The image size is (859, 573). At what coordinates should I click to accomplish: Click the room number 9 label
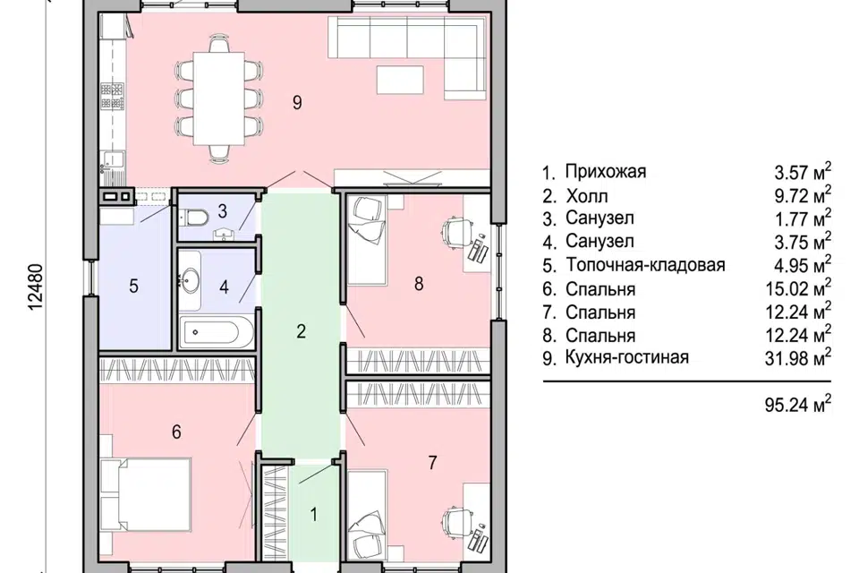[297, 102]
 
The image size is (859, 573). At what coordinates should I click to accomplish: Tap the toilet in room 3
[195, 217]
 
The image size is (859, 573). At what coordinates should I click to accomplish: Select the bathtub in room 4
[212, 335]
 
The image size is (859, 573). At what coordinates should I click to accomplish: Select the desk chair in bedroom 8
[456, 231]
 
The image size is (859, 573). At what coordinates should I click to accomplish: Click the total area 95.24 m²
[788, 404]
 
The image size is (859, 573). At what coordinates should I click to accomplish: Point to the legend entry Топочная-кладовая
[644, 265]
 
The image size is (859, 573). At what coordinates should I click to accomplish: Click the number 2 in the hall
[302, 332]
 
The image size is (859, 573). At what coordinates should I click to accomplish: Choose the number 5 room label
[133, 286]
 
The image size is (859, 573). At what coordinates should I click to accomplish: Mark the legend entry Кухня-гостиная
[627, 358]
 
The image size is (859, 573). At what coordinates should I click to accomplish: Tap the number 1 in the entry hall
[314, 514]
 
